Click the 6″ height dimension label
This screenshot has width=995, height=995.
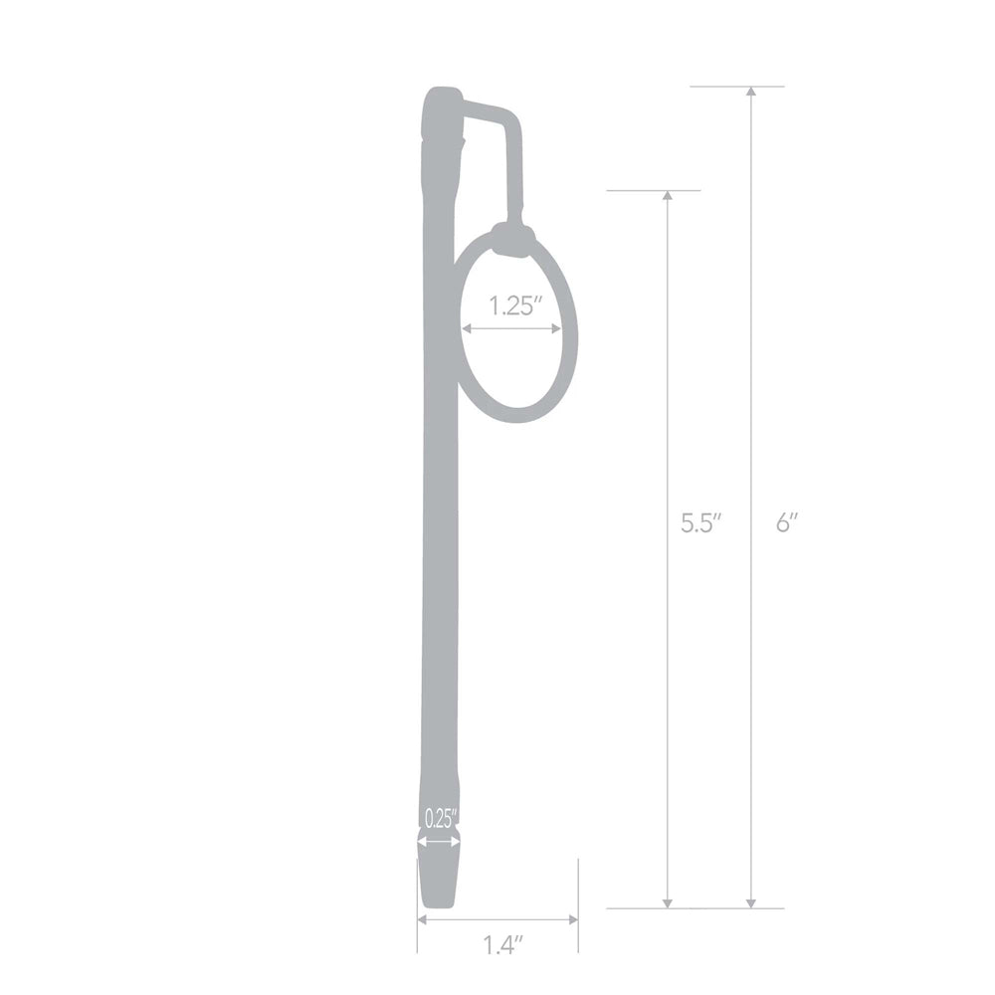tap(788, 523)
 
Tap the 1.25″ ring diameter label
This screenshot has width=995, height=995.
tap(515, 305)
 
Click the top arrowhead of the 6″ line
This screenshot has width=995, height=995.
tap(751, 93)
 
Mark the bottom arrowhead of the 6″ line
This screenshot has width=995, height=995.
tap(751, 901)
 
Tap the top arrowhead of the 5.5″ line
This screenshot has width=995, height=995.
tap(668, 196)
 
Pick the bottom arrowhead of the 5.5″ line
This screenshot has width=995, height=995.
tap(668, 901)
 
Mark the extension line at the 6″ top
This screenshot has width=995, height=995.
tap(736, 87)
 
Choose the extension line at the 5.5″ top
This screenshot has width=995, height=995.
tap(653, 190)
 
